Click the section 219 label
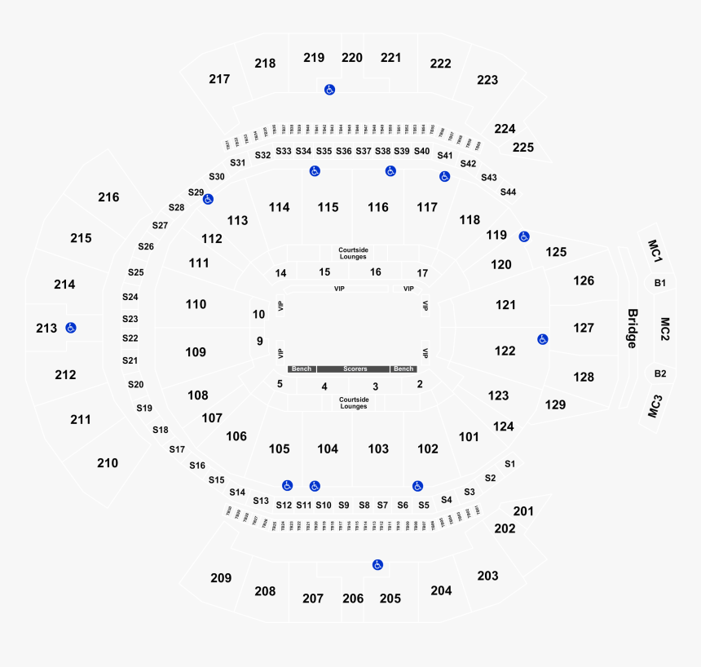click(314, 58)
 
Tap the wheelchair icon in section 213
click(71, 328)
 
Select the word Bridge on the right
click(632, 328)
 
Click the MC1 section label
click(655, 250)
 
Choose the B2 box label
click(660, 373)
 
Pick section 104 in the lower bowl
click(328, 448)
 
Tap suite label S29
click(196, 192)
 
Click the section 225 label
click(523, 148)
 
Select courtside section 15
click(324, 272)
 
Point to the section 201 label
click(523, 511)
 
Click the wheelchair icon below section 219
click(329, 90)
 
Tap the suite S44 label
click(508, 192)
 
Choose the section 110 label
click(196, 304)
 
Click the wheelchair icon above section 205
click(377, 564)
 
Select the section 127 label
click(584, 328)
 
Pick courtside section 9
click(259, 342)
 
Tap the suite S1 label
click(509, 463)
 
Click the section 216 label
click(108, 197)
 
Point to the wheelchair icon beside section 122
click(542, 339)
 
